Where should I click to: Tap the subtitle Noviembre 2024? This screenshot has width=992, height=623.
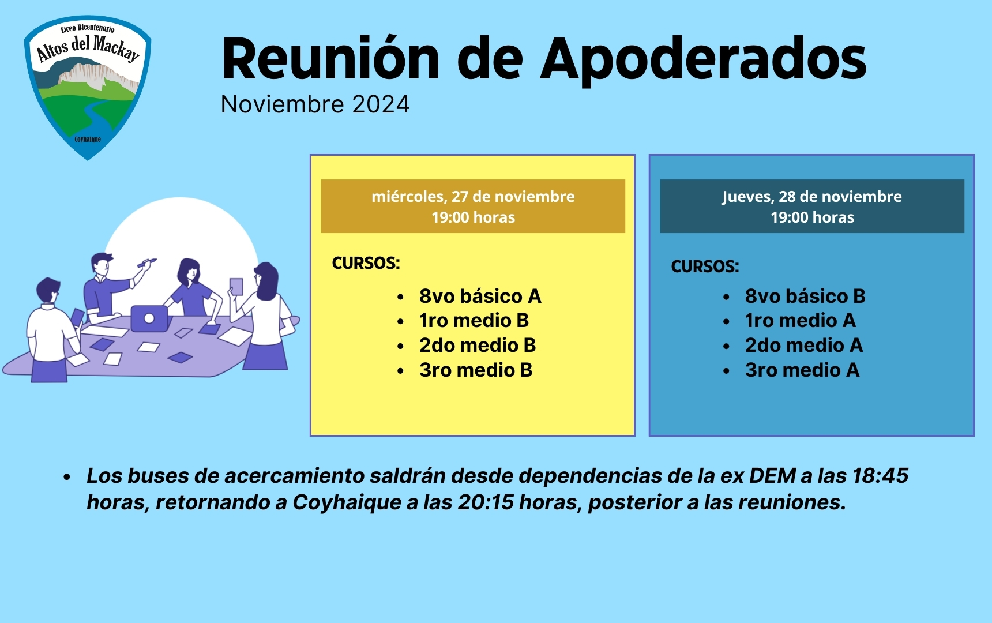[x=315, y=104]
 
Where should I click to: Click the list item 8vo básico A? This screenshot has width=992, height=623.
[x=480, y=296]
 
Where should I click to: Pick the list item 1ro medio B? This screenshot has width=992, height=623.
[x=474, y=321]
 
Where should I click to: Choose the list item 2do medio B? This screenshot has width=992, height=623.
[x=478, y=346]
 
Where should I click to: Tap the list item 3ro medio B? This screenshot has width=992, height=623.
[x=476, y=370]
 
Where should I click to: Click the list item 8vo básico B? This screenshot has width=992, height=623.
[x=805, y=296]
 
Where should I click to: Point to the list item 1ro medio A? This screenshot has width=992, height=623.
[x=801, y=321]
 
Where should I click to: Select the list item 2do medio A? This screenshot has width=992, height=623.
[x=804, y=346]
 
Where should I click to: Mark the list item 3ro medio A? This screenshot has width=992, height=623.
[x=802, y=370]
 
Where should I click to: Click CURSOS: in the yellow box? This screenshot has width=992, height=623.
[x=366, y=263]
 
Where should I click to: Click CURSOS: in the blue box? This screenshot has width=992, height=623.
[x=705, y=267]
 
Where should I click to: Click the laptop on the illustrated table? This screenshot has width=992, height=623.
[x=149, y=318]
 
